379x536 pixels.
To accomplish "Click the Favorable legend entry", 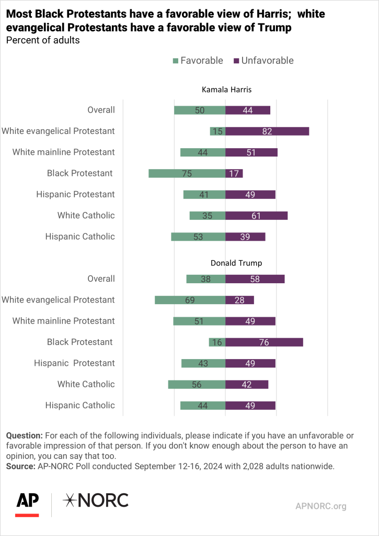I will pyautogui.click(x=197, y=61).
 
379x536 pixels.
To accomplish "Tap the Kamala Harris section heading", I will pyautogui.click(x=226, y=90).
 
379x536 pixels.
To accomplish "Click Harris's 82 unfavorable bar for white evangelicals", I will pyautogui.click(x=267, y=131).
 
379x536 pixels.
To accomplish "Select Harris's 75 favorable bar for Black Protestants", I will pyautogui.click(x=187, y=173).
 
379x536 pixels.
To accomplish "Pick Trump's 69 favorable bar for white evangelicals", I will pyautogui.click(x=190, y=300).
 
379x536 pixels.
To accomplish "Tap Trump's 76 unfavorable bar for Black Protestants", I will pyautogui.click(x=264, y=342).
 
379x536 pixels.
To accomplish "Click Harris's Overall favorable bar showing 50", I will pyautogui.click(x=200, y=110).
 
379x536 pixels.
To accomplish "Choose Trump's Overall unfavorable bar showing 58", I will pyautogui.click(x=255, y=279).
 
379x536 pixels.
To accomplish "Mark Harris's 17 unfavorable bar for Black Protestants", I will pyautogui.click(x=234, y=173).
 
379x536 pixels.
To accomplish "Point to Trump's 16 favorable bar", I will pyautogui.click(x=217, y=342).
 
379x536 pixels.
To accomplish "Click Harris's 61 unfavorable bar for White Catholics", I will pyautogui.click(x=256, y=215).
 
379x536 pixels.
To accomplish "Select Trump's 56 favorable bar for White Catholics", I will pyautogui.click(x=197, y=384).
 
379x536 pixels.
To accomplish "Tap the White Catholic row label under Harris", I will pyautogui.click(x=86, y=215).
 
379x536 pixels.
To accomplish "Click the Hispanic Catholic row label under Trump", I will pyautogui.click(x=80, y=405).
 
